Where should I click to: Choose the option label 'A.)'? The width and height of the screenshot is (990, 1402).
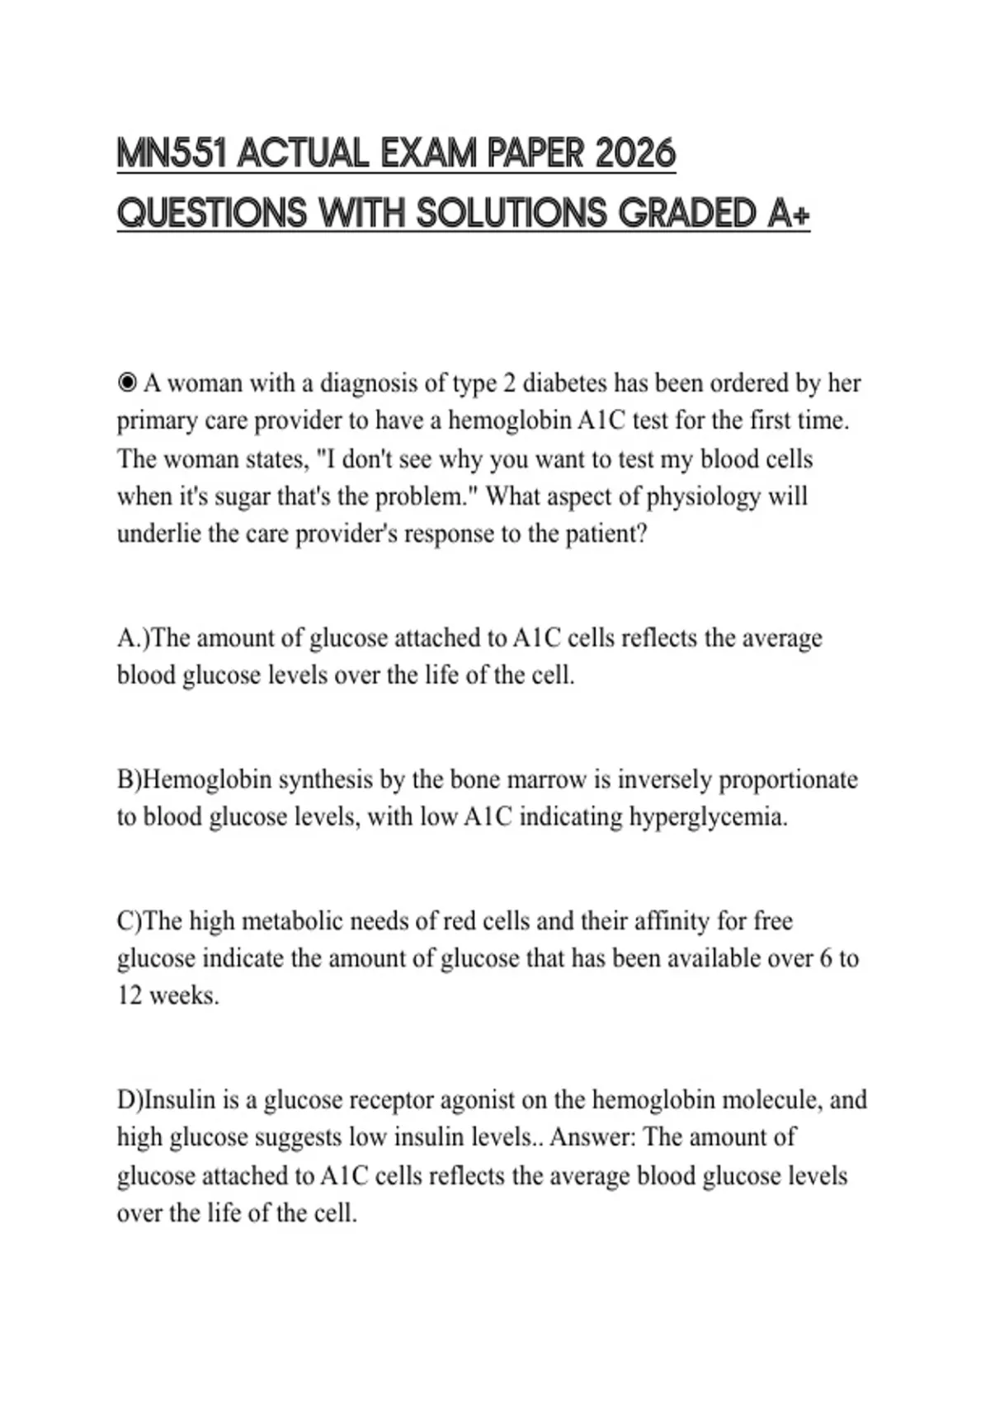click(x=134, y=638)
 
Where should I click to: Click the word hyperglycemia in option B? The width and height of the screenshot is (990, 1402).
click(x=708, y=817)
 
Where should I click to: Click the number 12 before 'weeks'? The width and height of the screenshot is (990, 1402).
click(x=130, y=996)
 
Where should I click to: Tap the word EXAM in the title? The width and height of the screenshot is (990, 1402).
click(x=427, y=154)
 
